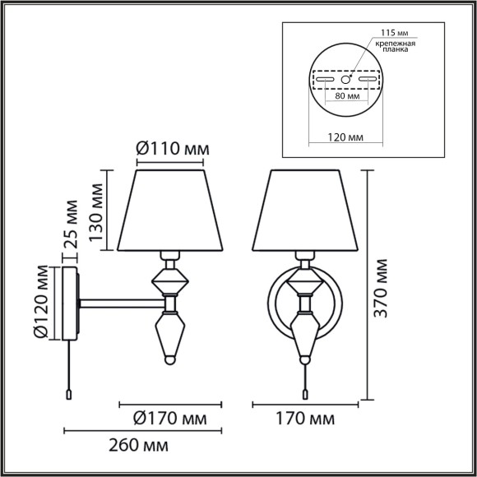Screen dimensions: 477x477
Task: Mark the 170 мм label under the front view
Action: click(x=304, y=419)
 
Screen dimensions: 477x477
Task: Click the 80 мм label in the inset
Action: click(x=345, y=95)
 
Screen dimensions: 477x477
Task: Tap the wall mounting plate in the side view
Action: click(x=71, y=303)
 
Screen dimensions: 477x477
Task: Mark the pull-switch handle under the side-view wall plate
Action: click(x=68, y=395)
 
